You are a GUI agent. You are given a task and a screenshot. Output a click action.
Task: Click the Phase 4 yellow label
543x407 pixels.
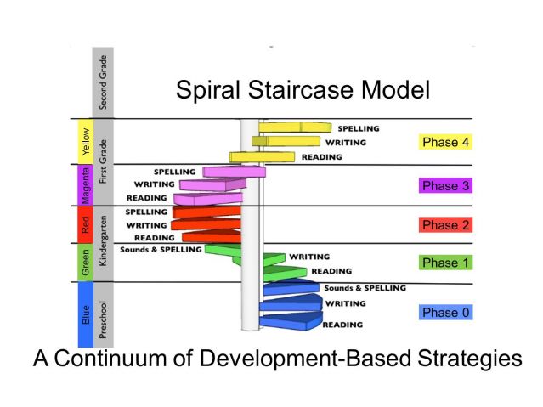click(444, 142)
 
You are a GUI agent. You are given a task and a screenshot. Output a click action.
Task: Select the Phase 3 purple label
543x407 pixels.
click(444, 184)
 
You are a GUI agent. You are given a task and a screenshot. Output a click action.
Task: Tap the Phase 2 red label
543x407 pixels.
click(444, 225)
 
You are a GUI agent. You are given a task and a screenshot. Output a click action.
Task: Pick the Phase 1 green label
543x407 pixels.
click(444, 263)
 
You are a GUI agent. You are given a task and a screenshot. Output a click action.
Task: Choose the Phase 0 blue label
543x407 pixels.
click(444, 312)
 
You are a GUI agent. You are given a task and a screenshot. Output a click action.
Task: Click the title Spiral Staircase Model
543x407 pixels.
click(303, 90)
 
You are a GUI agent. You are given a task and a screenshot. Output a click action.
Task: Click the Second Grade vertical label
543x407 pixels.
click(103, 82)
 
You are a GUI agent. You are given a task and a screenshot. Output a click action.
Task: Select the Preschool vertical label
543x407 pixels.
click(102, 314)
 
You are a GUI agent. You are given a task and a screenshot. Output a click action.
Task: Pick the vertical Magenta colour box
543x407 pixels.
click(85, 184)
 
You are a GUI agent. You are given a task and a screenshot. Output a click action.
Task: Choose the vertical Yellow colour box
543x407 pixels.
click(85, 141)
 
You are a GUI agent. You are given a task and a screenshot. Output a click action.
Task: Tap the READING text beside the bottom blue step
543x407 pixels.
click(342, 325)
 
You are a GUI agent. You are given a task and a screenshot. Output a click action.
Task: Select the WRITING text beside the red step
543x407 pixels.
click(145, 225)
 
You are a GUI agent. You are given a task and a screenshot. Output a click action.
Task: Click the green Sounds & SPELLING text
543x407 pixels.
click(161, 250)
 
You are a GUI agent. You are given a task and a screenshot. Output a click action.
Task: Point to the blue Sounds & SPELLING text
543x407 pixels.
click(365, 288)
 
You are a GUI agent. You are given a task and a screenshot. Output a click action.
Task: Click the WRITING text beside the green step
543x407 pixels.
click(309, 256)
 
